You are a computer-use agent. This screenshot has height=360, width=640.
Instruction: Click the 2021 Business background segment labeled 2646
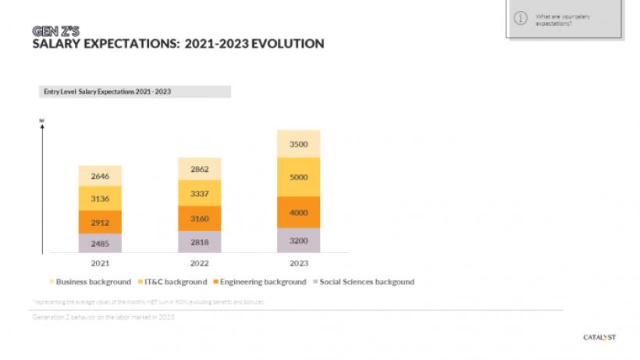tap(100, 176)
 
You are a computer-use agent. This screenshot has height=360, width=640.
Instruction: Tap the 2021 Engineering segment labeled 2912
tap(100, 222)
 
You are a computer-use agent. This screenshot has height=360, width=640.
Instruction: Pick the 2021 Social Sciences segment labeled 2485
tap(100, 243)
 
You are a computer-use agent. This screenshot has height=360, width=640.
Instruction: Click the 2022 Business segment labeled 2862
tap(200, 169)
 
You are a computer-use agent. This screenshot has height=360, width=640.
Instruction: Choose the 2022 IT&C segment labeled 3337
tap(200, 192)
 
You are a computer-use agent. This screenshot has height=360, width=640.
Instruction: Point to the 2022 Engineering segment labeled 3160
tap(200, 218)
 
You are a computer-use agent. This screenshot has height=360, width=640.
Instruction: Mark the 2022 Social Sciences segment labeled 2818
tap(200, 242)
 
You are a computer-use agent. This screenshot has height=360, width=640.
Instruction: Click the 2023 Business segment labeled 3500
tap(299, 144)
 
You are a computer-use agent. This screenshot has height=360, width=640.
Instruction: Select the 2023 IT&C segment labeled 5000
tap(299, 177)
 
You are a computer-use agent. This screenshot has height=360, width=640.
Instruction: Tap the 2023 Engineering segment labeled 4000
tap(299, 212)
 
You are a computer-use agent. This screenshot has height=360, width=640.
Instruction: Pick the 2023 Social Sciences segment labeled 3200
tap(299, 241)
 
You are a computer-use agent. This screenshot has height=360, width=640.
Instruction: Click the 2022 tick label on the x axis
tap(200, 263)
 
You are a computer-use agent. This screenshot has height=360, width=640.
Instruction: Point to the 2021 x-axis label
tap(100, 263)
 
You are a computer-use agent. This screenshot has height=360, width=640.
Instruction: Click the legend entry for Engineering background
tap(261, 282)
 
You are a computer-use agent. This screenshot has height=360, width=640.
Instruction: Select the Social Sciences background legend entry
tap(364, 282)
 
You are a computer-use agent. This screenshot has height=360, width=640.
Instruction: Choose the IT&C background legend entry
tap(174, 282)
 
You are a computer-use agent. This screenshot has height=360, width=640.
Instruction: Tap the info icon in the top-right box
tap(521, 18)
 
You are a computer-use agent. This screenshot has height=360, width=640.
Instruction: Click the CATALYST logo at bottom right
tap(599, 337)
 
